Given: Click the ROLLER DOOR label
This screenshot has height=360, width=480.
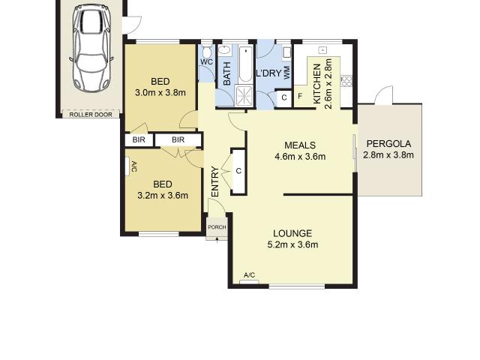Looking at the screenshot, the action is [91, 115].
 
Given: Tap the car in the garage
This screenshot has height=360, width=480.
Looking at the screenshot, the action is [91, 48].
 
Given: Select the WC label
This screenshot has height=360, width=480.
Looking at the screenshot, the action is [206, 61].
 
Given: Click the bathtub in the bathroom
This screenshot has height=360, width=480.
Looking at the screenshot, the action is [245, 64].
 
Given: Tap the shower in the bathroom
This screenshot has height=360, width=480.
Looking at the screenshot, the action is [244, 96].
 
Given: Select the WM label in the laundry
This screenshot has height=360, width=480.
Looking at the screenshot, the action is [286, 73].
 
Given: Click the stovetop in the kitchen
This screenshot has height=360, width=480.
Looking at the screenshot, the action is [346, 81].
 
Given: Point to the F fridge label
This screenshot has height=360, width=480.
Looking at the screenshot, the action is [300, 96].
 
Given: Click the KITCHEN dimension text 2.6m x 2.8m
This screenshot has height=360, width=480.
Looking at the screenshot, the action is [328, 84].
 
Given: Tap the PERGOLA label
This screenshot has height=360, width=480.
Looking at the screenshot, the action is [388, 144].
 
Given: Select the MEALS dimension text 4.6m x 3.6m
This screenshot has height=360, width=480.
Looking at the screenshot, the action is [300, 157].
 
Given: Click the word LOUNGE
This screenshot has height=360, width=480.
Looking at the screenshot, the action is [292, 233].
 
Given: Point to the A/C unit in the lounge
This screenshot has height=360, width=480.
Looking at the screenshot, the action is [249, 282].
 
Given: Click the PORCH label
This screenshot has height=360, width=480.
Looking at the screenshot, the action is [217, 227].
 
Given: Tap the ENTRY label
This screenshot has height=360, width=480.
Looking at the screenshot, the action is [215, 181].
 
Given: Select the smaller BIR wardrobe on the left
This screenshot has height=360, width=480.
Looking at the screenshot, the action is [139, 140].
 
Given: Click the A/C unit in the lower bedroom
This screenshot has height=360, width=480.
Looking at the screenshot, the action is [127, 166].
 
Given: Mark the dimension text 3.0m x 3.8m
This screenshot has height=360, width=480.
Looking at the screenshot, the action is [160, 92].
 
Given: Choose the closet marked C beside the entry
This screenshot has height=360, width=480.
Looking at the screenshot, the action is [238, 171].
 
